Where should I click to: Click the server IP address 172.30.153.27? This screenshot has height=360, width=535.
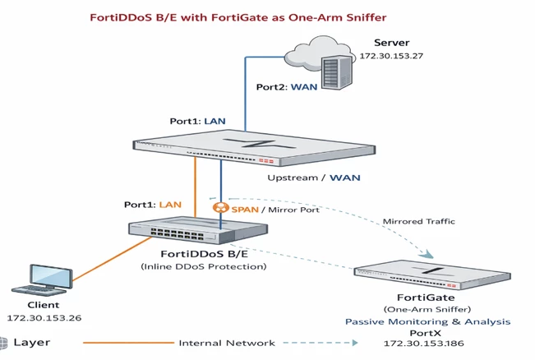tap(391, 56)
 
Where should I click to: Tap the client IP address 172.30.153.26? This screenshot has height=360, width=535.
tap(44, 318)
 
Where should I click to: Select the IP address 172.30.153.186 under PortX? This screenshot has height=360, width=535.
tap(424, 344)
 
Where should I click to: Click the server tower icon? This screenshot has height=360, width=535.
tap(337, 72)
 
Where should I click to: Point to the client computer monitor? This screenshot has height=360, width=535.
tap(51, 276)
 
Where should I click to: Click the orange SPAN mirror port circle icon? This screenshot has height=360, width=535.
tap(221, 207)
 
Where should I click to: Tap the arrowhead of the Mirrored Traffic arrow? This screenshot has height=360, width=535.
tap(427, 254)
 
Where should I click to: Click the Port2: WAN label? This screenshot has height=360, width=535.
tap(287, 87)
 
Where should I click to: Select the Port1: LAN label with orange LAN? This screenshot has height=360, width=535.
tap(153, 205)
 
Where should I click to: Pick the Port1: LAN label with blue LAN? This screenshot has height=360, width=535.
tap(197, 121)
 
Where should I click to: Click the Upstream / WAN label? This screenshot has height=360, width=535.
tap(314, 178)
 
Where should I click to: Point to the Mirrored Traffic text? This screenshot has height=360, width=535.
tap(418, 221)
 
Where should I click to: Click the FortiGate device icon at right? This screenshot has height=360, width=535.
tap(432, 275)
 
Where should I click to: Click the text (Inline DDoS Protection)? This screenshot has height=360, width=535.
tap(204, 266)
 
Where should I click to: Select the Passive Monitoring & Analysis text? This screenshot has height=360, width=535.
tap(428, 322)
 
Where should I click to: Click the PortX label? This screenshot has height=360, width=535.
tap(425, 333)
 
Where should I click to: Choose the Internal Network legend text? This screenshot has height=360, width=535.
tap(227, 343)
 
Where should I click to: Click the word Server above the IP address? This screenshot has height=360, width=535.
tap(392, 43)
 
